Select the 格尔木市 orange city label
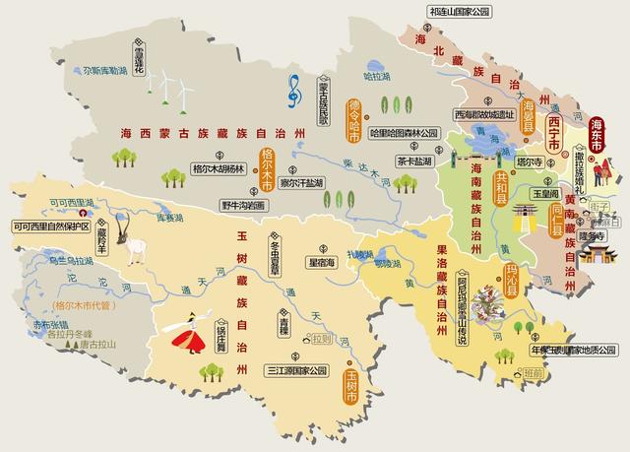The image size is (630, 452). tap(267, 168)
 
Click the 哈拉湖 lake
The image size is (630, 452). tap(376, 75)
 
